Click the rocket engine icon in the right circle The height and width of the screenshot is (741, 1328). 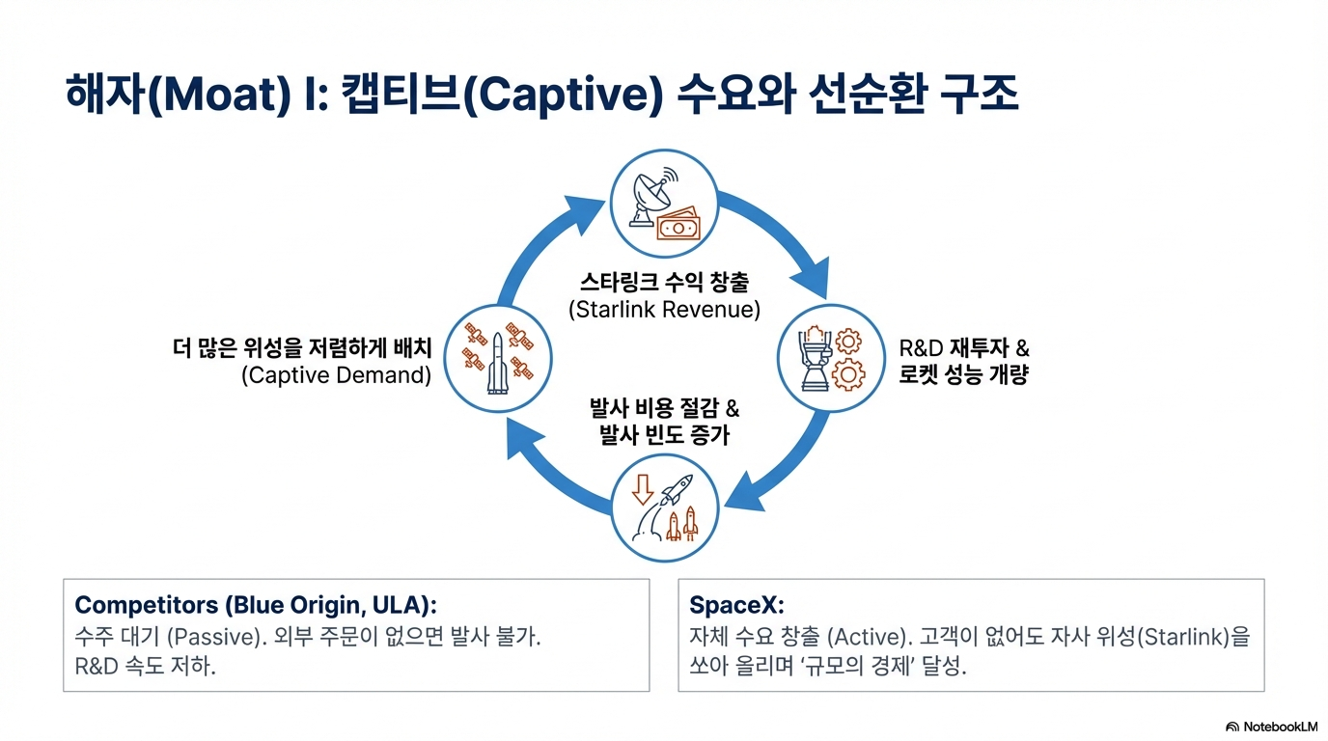[x=814, y=358]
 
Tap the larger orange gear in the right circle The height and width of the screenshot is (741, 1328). [x=848, y=373]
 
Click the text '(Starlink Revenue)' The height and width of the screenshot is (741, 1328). [x=664, y=310]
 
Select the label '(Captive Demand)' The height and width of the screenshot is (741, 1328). [x=336, y=375]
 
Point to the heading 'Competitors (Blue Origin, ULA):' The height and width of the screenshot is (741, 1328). [x=256, y=605]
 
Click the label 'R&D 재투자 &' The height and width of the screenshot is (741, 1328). [x=964, y=347]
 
